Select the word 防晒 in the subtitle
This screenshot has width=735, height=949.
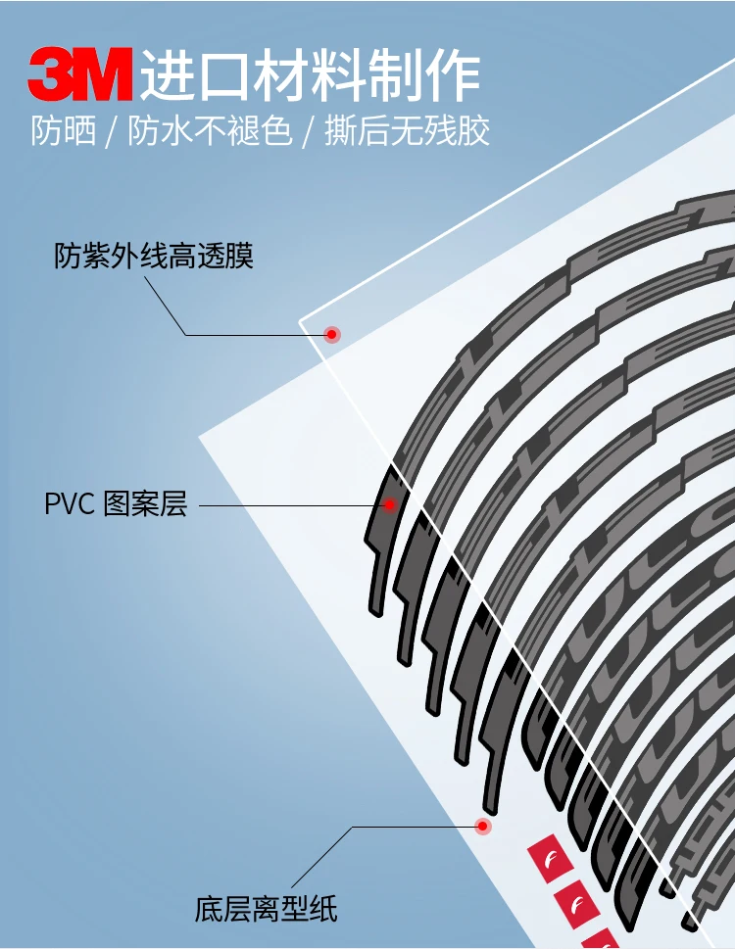[x=64, y=131]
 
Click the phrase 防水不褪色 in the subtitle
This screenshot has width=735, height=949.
[x=211, y=131]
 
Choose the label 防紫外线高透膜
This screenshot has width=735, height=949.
[x=154, y=257]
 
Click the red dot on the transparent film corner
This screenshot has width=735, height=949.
[x=332, y=335]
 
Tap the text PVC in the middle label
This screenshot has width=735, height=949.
[x=69, y=505]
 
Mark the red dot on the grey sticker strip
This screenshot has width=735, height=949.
[x=389, y=505]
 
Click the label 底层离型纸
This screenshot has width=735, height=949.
[x=266, y=909]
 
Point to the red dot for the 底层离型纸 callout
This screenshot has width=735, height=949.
[x=482, y=827]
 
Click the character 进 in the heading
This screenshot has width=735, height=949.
[x=164, y=75]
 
